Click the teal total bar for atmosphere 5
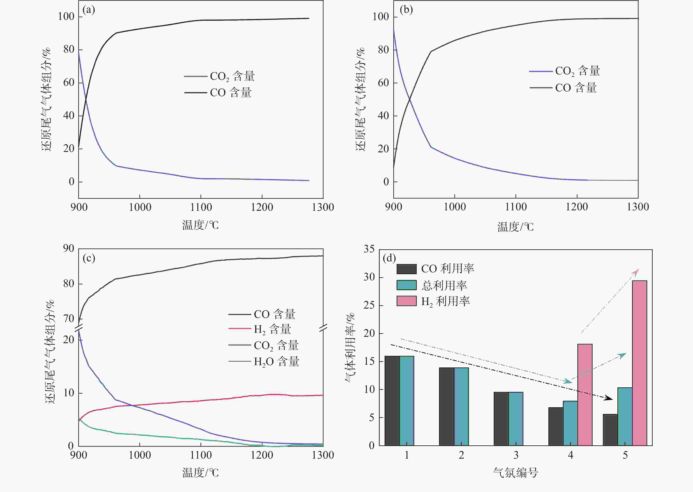(625, 416)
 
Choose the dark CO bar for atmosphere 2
(447, 406)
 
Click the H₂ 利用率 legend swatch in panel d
(406, 301)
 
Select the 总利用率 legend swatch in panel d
(406, 285)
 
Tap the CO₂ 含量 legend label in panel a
(232, 76)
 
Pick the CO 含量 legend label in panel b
(576, 88)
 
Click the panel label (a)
(89, 10)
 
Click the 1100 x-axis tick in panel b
(516, 207)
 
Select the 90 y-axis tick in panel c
(69, 248)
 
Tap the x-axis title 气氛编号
(516, 472)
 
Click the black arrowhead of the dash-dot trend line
(608, 398)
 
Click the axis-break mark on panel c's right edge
(323, 327)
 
